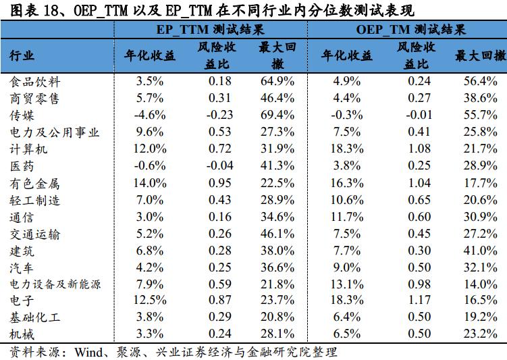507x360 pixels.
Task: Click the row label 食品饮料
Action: click(x=36, y=82)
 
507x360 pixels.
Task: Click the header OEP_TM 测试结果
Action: click(x=410, y=30)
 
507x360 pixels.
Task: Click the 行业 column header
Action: click(x=22, y=56)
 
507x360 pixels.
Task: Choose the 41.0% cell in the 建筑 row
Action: click(x=481, y=251)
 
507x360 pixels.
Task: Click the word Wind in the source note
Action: click(x=88, y=352)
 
